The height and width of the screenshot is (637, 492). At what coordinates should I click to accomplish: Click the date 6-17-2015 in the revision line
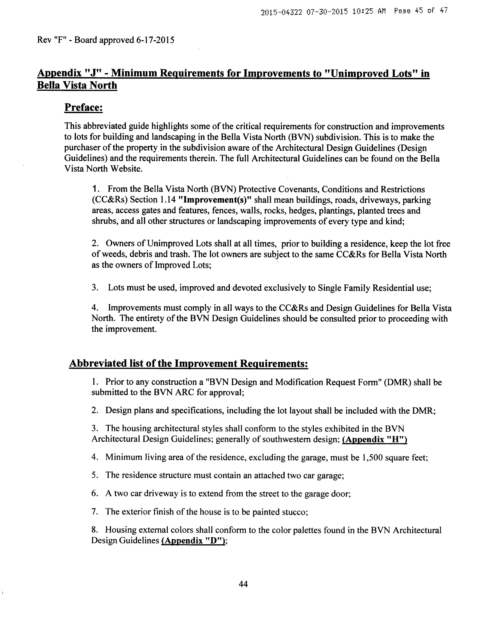pyautogui.click(x=155, y=40)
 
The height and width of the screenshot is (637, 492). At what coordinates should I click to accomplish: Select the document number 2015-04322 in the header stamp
pyautogui.click(x=282, y=13)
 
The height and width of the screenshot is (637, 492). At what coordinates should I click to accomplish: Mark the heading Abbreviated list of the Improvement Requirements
pyautogui.click(x=189, y=364)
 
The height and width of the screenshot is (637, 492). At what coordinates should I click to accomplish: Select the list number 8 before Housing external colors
pyautogui.click(x=94, y=530)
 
